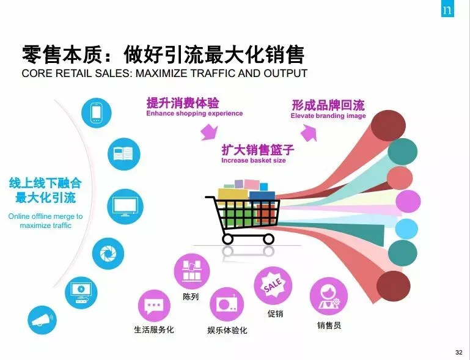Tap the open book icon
(124, 153)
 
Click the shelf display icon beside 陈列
(191, 272)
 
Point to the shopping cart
(244, 211)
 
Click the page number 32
(458, 352)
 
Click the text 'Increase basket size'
(253, 161)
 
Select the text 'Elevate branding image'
(328, 116)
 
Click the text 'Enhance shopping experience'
(194, 114)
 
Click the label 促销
(276, 314)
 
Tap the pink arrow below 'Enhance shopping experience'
(210, 131)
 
